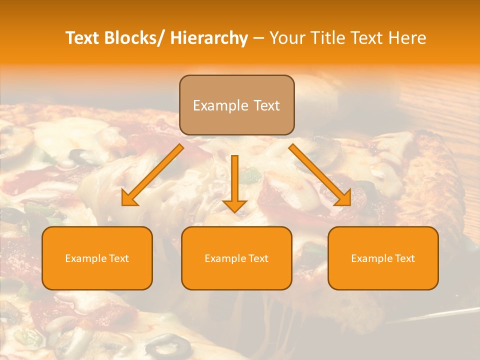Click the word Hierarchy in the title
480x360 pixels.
(x=209, y=38)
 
